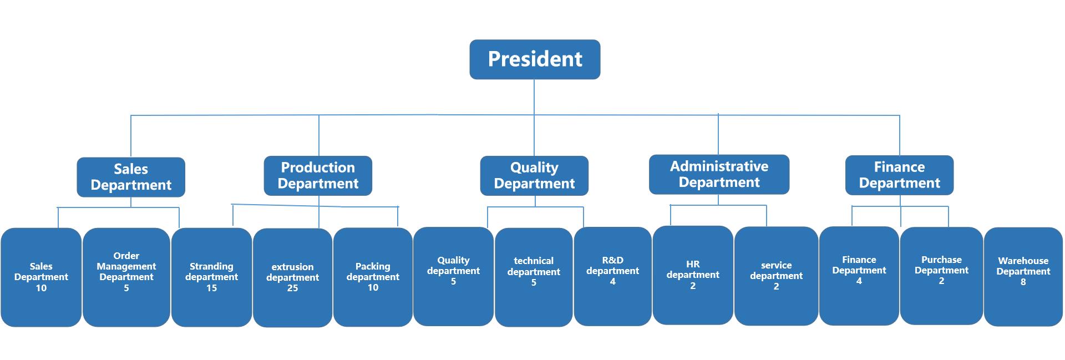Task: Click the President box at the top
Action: click(x=535, y=59)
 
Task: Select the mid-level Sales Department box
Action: click(x=131, y=177)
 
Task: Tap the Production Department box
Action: click(x=318, y=176)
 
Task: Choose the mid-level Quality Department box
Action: click(x=534, y=176)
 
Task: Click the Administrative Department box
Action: click(x=719, y=174)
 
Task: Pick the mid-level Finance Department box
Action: click(x=899, y=175)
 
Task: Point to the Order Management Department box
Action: click(x=126, y=277)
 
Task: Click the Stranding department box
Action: click(x=211, y=277)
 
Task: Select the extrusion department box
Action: click(x=292, y=278)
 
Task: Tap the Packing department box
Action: click(x=373, y=277)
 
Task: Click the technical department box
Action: click(x=534, y=277)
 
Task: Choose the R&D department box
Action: click(x=612, y=276)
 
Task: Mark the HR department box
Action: click(x=693, y=275)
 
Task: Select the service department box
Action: click(x=776, y=276)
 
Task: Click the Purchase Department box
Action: click(x=941, y=276)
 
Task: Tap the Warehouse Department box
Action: click(x=1023, y=277)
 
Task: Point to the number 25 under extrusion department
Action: click(x=292, y=288)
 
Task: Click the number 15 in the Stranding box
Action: click(x=211, y=288)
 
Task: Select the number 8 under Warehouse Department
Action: click(x=1023, y=282)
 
